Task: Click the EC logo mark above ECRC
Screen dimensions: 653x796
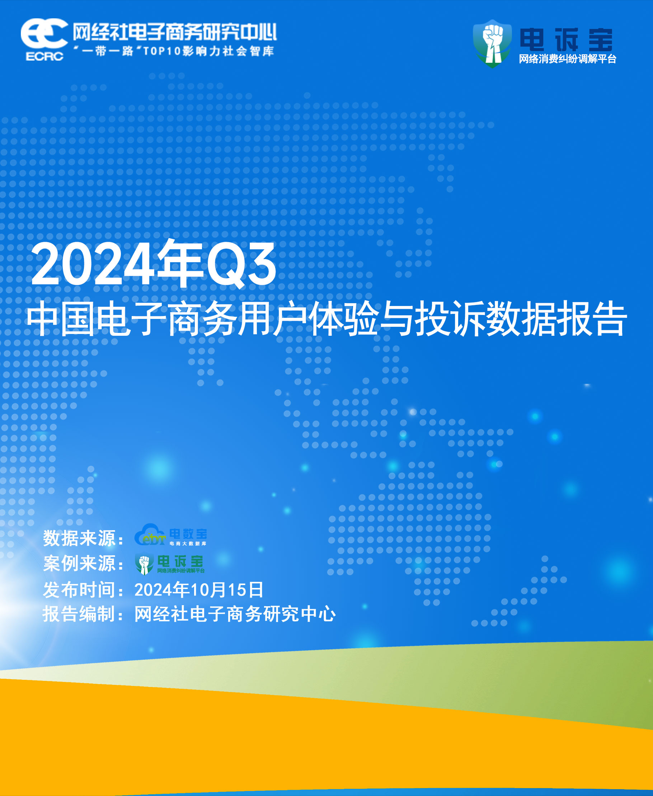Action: (44, 33)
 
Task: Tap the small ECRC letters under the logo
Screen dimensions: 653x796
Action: (44, 56)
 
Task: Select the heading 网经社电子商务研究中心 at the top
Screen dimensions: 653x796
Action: (174, 32)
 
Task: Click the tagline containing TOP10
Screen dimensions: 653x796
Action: (173, 51)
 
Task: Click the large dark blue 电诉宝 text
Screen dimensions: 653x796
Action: (566, 39)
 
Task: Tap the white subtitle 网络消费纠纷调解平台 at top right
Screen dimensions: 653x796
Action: (567, 59)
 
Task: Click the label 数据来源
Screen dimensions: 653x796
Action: (79, 538)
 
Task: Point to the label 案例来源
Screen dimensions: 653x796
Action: (79, 563)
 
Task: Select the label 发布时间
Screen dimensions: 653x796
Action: (79, 589)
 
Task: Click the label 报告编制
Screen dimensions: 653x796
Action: (79, 614)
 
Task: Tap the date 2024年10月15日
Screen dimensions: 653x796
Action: (199, 590)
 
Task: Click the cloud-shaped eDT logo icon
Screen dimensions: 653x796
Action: (150, 535)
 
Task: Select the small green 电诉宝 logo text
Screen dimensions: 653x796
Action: (180, 561)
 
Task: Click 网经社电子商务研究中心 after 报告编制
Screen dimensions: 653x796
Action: (235, 614)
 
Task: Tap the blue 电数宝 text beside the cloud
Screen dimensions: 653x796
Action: (188, 534)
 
